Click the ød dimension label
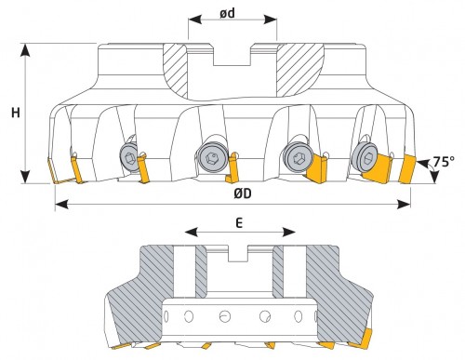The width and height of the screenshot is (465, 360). click(x=228, y=13)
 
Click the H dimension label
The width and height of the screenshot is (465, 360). click(x=16, y=113)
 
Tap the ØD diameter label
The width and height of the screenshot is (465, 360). click(x=243, y=193)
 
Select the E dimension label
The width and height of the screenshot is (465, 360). click(x=239, y=222)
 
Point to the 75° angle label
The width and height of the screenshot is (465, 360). click(x=444, y=162)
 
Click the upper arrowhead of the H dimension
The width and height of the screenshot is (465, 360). click(x=25, y=50)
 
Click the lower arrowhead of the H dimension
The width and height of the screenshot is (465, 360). click(x=25, y=177)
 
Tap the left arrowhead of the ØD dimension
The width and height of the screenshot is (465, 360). click(x=61, y=205)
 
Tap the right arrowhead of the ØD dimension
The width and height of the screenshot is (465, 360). click(x=404, y=205)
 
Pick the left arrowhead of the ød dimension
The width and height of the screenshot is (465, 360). click(x=195, y=20)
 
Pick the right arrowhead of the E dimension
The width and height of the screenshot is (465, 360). click(x=289, y=232)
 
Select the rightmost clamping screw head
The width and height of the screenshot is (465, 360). click(x=366, y=157)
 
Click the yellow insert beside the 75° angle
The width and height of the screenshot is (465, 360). click(x=407, y=169)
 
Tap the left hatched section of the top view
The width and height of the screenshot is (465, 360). click(x=176, y=71)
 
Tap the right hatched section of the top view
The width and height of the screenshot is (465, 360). click(x=300, y=69)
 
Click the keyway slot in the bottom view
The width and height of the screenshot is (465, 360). click(x=238, y=254)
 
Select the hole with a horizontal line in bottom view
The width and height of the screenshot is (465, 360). click(x=224, y=316)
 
